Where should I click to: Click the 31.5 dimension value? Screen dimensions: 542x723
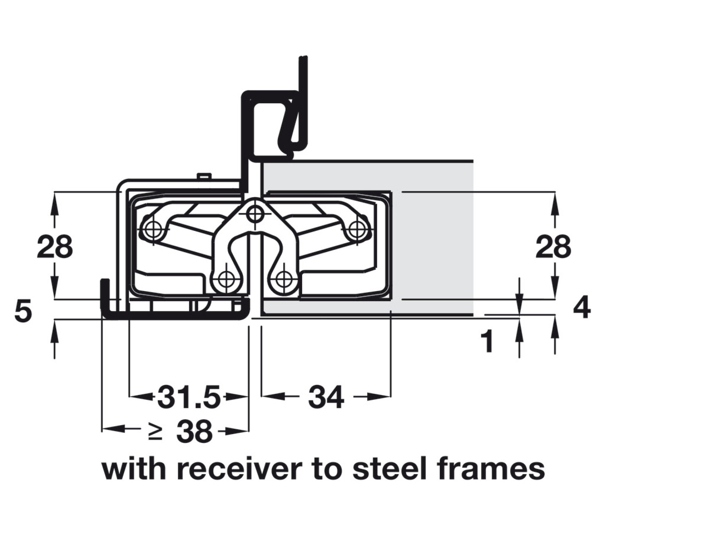189,397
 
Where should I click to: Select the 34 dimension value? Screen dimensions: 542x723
326,397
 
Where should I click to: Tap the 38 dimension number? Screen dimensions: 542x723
194,432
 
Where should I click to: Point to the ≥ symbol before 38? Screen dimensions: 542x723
155,432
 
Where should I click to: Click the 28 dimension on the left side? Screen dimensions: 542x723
55,247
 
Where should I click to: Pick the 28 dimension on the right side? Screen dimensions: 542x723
553,247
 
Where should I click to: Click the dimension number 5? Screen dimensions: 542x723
23,311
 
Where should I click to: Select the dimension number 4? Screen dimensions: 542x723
582,307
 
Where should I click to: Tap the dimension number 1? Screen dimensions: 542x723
487,342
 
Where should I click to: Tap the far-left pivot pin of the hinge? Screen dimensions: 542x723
152,229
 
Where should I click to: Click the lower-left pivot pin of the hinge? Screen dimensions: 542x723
226,278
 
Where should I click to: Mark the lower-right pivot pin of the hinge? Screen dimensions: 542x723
284,278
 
